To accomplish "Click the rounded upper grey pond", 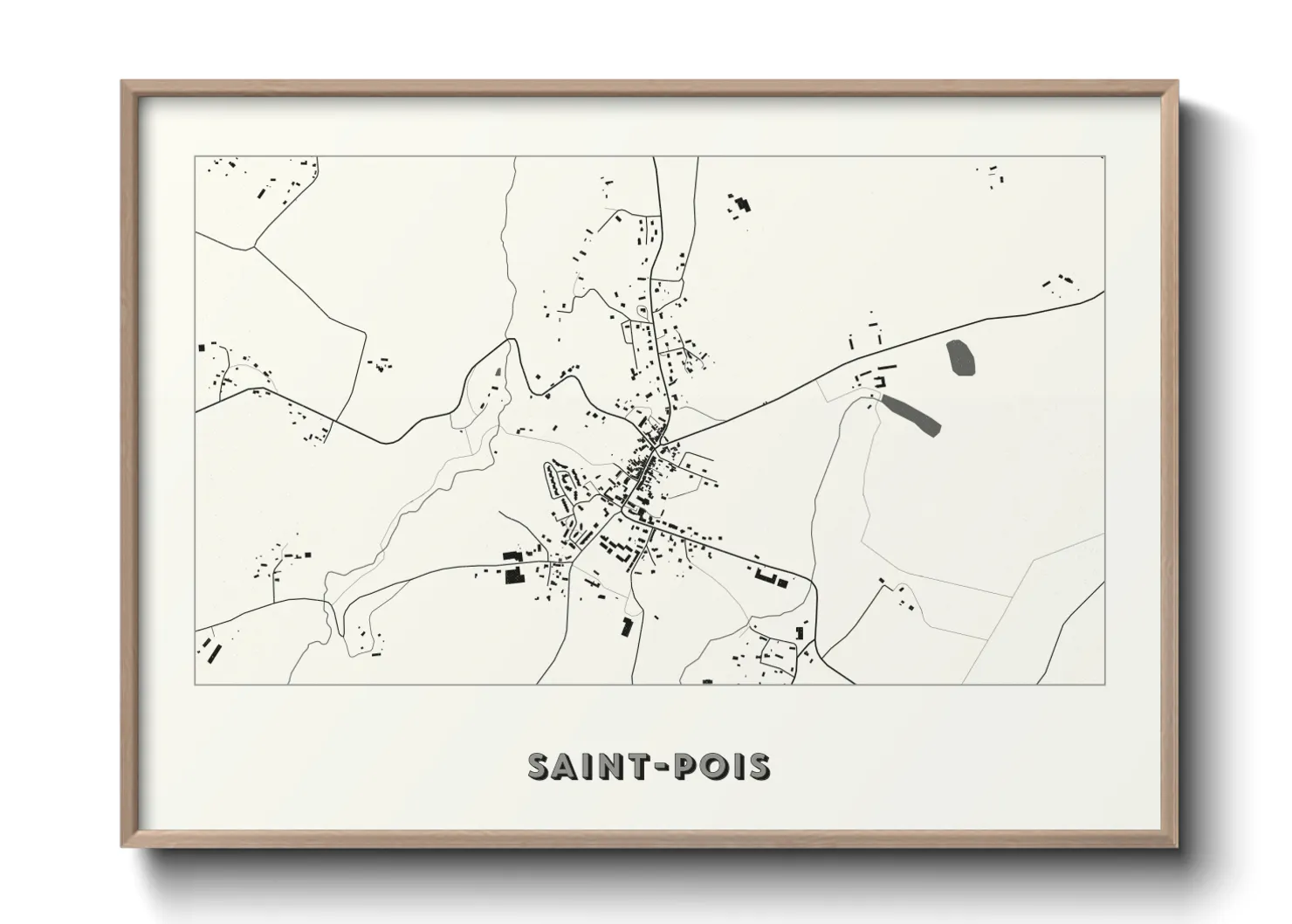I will pyautogui.click(x=960, y=357).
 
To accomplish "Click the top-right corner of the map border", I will pyautogui.click(x=1104, y=157).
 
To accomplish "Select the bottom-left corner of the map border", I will pyautogui.click(x=196, y=684).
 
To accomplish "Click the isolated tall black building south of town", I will pyautogui.click(x=626, y=626).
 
